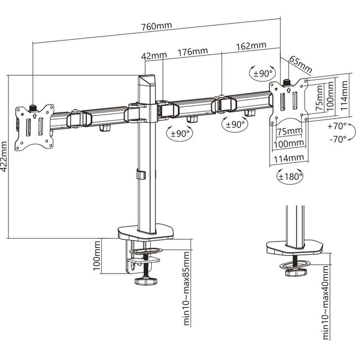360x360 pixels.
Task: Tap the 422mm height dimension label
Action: (6, 157)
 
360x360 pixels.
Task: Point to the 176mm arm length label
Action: (192, 52)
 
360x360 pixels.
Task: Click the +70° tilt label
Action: (336, 126)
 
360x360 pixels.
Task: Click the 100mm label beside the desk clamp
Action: (98, 256)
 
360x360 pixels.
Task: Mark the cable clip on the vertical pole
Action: (140, 176)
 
